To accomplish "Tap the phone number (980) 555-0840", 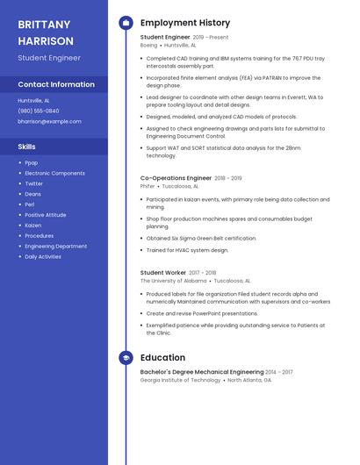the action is pos(39,111).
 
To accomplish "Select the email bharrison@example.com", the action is pos(50,121).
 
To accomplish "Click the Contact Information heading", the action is pos(56,84).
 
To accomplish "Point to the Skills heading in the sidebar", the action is pos(27,147).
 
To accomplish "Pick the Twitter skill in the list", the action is pos(33,183).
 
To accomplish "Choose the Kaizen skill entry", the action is pos(33,225).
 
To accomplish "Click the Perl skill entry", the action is pos(29,204).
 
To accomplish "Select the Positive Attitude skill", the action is pos(45,215).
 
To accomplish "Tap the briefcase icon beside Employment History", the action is pos(126,23).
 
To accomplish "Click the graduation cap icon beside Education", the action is pos(126,358).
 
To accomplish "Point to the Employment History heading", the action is pos(185,23).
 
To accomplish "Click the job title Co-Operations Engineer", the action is pos(176,178).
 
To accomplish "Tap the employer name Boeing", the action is pos(149,45).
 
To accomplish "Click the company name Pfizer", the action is pos(148,186).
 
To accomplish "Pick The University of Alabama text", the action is pos(174,281).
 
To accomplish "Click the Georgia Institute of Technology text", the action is pos(180,380).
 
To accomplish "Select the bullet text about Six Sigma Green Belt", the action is pos(201,238).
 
